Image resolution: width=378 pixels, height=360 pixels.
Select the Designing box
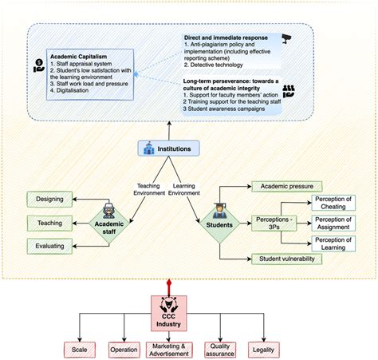point(50,198)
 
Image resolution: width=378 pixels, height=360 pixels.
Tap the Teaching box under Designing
point(50,223)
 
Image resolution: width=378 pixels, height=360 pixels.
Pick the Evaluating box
point(50,247)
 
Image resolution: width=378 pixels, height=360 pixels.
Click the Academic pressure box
point(284,187)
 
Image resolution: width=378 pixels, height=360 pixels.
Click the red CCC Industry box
point(168,308)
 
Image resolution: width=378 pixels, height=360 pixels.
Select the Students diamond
point(219,220)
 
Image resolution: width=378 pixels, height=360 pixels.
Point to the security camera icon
point(288,37)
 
